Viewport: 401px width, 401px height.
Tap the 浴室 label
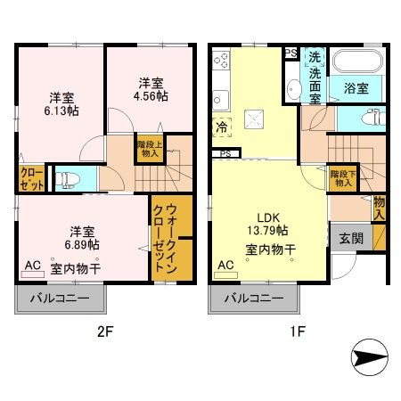pos(357,88)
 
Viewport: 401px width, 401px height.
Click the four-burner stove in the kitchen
pos(222,63)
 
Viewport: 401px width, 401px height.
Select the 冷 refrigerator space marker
pos(219,127)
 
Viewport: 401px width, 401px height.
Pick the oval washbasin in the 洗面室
pos(293,88)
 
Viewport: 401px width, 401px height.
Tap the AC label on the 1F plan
pos(226,265)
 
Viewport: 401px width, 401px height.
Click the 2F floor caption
pos(104,333)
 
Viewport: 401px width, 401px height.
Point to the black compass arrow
pos(365,360)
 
